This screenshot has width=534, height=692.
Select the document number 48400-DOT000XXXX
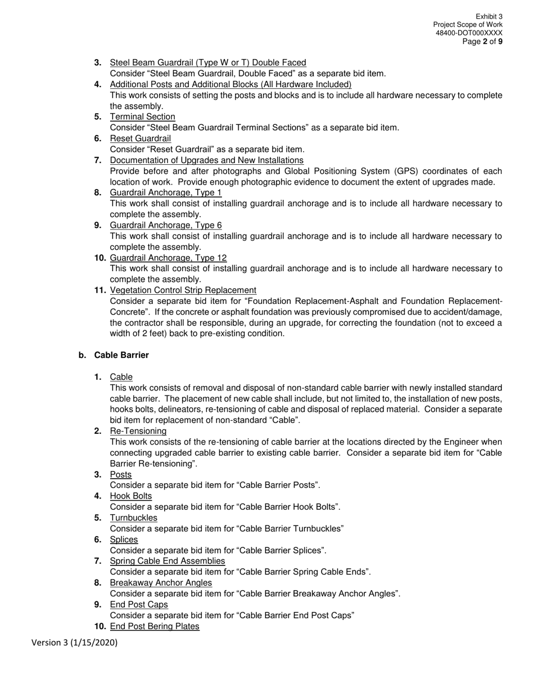pos(469,33)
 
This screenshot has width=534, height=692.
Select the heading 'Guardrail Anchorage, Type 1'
pos(166,192)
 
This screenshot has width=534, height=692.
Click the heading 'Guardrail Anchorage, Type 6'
pos(166,225)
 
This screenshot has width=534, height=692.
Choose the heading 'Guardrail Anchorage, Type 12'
pos(168,258)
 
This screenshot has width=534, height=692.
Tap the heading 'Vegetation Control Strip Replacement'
pos(183,290)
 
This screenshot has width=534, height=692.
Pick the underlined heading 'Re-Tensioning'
pos(138,431)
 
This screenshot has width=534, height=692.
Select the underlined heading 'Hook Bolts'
pos(131,496)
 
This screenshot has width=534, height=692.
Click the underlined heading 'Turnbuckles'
pos(134,518)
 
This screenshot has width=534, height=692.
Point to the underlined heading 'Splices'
pos(124,540)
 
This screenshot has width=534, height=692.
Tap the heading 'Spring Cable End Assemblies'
pos(168,561)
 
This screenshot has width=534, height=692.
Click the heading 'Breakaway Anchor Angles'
pos(161,583)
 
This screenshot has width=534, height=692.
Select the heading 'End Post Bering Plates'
pos(155,626)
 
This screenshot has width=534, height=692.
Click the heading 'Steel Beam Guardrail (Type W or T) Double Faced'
pos(208,62)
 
